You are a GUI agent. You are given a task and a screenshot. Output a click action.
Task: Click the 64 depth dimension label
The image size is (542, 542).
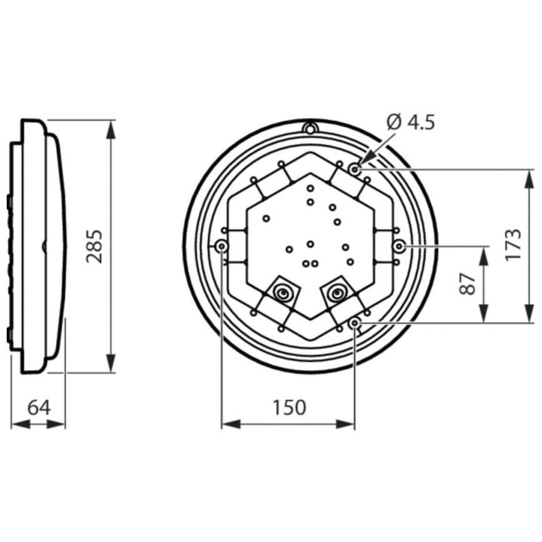point(39,407)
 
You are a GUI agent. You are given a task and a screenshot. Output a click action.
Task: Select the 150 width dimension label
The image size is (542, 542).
point(288,407)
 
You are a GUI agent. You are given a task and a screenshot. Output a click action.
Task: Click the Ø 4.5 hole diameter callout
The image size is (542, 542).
point(410,122)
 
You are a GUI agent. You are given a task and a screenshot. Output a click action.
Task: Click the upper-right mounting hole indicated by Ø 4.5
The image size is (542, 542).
point(355,169)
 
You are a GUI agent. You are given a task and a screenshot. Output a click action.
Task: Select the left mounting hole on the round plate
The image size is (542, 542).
point(222,247)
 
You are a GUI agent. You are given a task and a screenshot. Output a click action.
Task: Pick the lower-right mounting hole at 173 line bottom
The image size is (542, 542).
point(354,322)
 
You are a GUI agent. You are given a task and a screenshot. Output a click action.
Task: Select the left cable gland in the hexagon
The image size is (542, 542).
point(283,292)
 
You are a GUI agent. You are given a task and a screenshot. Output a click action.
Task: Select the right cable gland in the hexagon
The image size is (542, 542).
point(337,291)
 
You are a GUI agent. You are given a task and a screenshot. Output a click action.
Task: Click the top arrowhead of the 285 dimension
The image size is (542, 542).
point(111,129)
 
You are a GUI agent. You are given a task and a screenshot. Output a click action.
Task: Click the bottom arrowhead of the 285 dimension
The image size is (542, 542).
point(111,364)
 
